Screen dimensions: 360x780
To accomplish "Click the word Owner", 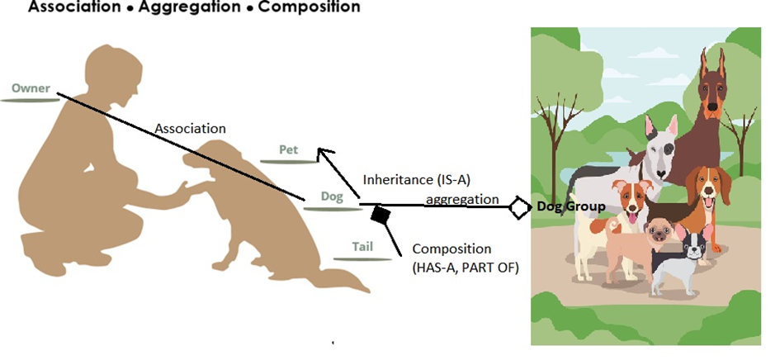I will [x=31, y=88].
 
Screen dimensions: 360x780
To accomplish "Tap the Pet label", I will [x=288, y=149].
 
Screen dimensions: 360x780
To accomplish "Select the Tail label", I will [x=362, y=247].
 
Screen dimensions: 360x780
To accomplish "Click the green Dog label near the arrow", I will [x=332, y=197].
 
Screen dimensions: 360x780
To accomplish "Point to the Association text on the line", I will [x=191, y=129].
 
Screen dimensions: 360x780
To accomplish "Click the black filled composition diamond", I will [x=381, y=216].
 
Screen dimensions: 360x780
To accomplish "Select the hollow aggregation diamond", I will [x=519, y=206].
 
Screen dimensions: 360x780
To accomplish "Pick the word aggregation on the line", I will [x=461, y=199].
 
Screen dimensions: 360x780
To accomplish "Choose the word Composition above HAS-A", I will [x=451, y=249].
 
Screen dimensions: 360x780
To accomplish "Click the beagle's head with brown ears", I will [x=707, y=187].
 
